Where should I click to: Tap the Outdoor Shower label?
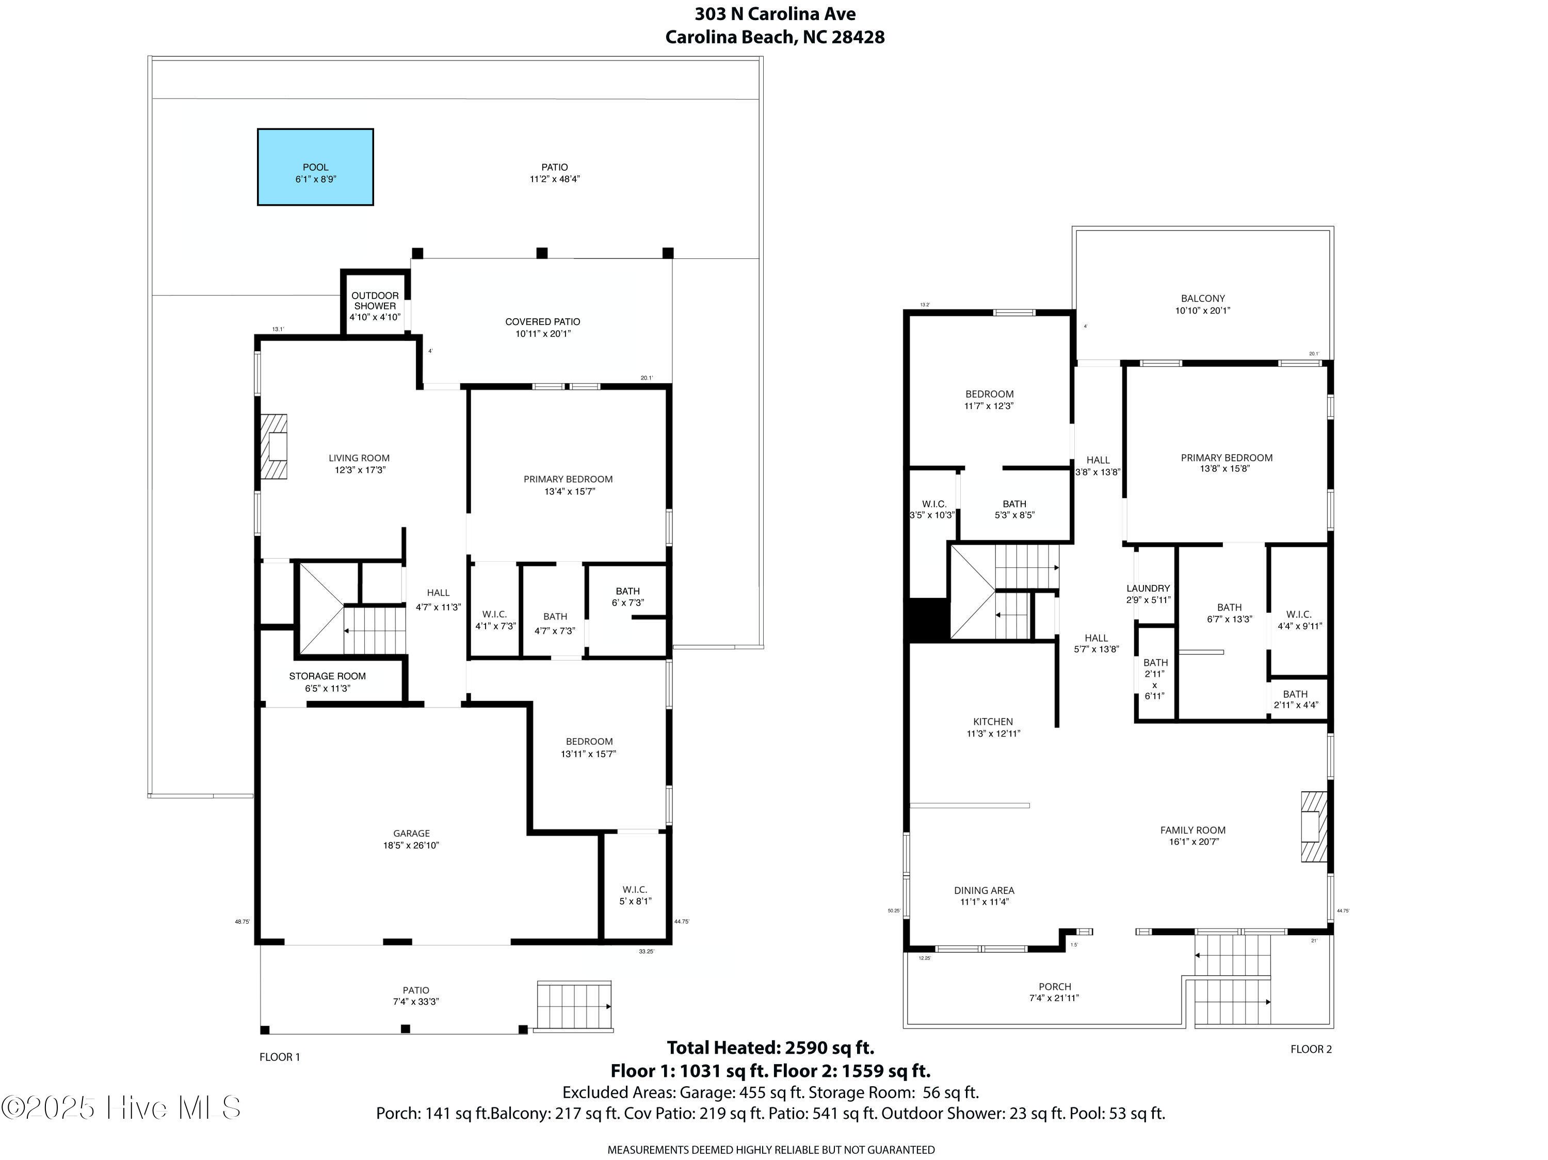(x=375, y=306)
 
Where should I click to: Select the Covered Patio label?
(x=543, y=328)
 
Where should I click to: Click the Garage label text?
(x=411, y=839)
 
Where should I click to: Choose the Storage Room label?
(x=328, y=681)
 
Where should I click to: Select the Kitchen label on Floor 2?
(x=993, y=727)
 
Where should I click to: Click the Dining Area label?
(x=984, y=895)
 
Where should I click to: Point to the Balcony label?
(x=1203, y=304)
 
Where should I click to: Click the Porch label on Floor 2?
(x=1055, y=992)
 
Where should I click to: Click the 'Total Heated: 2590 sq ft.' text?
(x=770, y=1048)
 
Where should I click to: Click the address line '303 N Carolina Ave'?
(x=775, y=13)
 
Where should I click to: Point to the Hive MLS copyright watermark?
(x=121, y=1107)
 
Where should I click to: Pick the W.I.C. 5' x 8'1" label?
(x=635, y=895)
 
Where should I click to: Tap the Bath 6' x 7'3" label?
(x=628, y=597)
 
